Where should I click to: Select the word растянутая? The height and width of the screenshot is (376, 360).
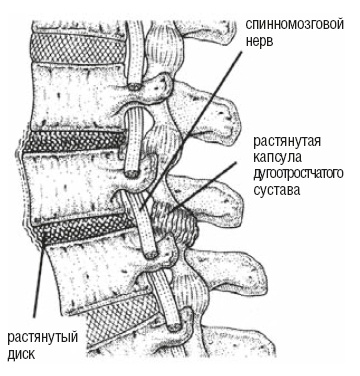(288, 141)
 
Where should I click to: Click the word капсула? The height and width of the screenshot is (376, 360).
(278, 157)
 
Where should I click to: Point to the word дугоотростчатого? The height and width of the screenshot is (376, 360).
(298, 174)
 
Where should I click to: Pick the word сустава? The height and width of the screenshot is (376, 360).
(277, 190)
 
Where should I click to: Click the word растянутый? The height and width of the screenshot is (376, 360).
(43, 337)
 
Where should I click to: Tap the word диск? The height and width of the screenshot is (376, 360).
(21, 353)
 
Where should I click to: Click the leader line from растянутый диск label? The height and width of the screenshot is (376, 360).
(39, 280)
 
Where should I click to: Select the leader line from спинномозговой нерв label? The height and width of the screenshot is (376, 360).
(190, 131)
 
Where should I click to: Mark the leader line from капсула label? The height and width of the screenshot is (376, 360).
(201, 187)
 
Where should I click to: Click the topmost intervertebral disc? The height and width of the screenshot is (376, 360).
(79, 48)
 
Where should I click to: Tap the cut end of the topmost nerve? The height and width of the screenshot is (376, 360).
(135, 87)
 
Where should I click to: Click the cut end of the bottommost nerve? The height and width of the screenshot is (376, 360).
(174, 326)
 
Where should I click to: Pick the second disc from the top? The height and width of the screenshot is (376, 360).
(75, 143)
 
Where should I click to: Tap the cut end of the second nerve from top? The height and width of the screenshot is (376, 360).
(132, 173)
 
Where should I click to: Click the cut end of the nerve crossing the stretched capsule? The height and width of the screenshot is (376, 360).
(152, 253)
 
